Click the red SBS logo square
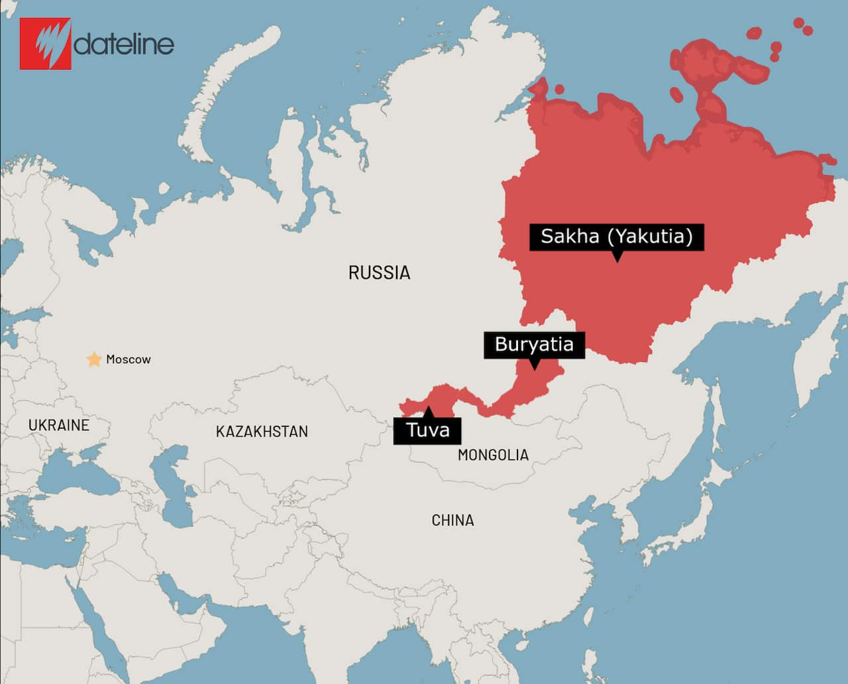pos(45,43)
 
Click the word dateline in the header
pos(124,44)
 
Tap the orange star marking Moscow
pos(94,359)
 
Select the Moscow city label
pos(129,359)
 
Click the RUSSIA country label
pos(379,272)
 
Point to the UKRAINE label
pos(58,425)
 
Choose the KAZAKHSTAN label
pos(262,431)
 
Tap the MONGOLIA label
pos(493,455)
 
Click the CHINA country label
pos(452,520)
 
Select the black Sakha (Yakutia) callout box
pos(616,237)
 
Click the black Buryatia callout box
pos(534,345)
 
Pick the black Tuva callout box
pos(427,431)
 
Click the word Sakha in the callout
pos(570,237)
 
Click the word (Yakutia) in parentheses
pos(650,237)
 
